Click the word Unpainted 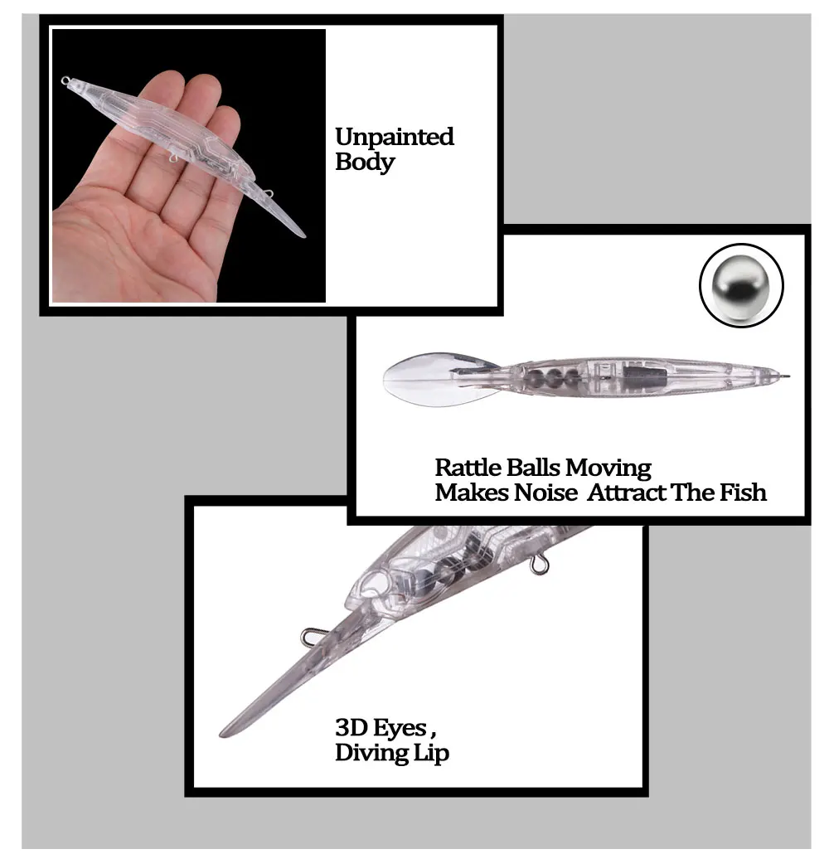click(395, 137)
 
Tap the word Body click(364, 162)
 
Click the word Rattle click(467, 468)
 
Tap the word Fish click(743, 493)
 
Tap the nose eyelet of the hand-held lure click(65, 80)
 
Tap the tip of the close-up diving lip click(224, 735)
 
